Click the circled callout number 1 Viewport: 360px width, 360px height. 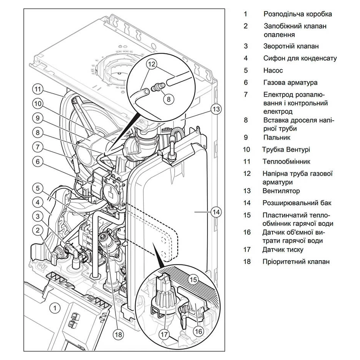coord(55,308)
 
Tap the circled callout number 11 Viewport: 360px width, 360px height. coord(38,89)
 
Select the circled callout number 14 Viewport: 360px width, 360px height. coord(216,212)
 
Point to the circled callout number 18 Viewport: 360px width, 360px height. coord(118,334)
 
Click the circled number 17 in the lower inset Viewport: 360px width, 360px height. coord(164,334)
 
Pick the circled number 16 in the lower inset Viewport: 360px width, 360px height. coord(198,331)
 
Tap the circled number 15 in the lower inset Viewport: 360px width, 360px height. coord(193,279)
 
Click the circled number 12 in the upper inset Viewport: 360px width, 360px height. coord(152,64)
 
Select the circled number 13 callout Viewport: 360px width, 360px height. coord(216,109)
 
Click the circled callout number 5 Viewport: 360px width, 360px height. coord(38,188)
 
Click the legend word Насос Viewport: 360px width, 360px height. coord(273,70)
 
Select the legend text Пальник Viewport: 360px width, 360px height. coord(277,137)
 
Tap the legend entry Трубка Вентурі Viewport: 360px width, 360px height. coord(286,149)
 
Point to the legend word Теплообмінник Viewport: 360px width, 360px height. coord(286,161)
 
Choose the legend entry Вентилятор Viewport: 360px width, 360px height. coord(281,191)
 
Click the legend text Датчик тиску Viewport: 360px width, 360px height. coord(283,249)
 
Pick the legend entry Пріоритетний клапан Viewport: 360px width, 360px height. coord(296,261)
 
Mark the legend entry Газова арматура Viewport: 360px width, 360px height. coord(290,83)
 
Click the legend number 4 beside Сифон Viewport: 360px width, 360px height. coord(246,58)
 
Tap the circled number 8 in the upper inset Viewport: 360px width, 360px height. coord(169,99)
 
